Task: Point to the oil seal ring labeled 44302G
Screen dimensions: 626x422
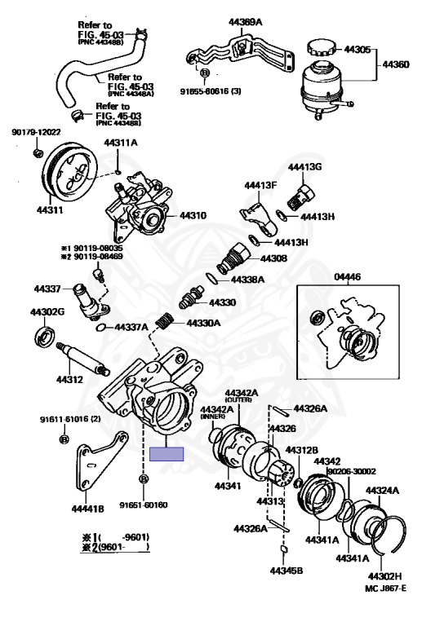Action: point(42,335)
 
